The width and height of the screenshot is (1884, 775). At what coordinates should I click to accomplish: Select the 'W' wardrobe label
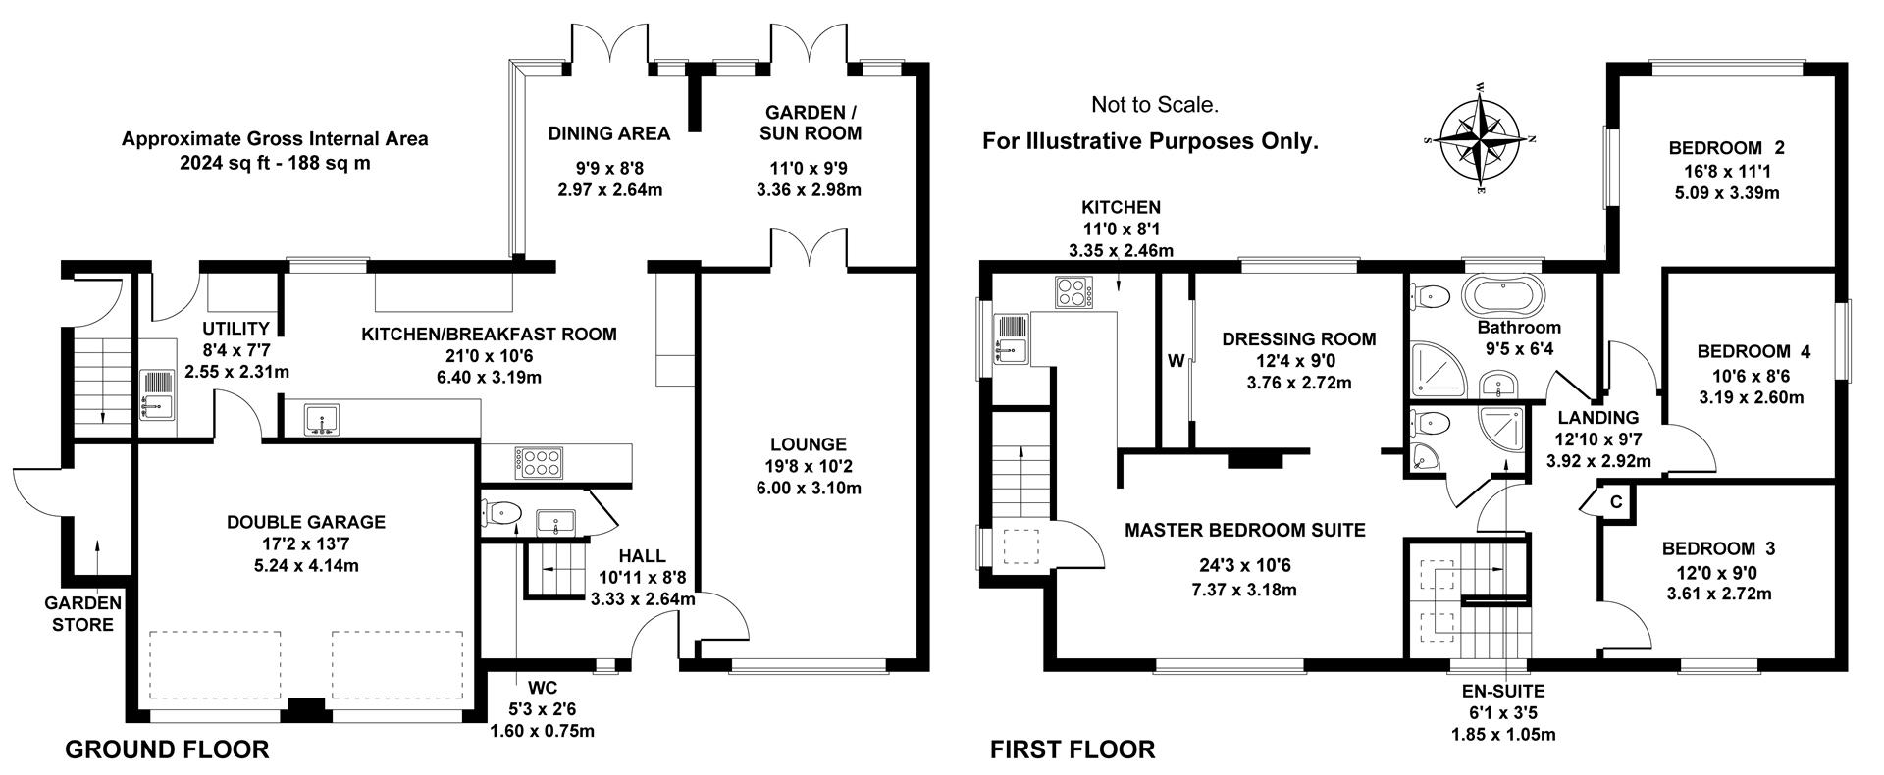1176,360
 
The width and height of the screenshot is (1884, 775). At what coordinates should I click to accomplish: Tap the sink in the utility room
156,392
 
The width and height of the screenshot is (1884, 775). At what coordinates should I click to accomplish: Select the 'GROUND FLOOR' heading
167,750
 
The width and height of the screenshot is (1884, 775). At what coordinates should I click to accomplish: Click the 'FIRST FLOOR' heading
1073,750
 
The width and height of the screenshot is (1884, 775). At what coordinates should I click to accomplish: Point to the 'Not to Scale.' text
1155,104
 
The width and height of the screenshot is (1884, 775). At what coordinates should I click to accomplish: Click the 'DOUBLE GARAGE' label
306,522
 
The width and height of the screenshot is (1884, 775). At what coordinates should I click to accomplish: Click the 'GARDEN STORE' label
82,614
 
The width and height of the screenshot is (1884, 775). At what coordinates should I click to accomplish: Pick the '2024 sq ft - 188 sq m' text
275,163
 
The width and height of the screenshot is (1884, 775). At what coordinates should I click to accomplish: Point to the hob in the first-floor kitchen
1076,292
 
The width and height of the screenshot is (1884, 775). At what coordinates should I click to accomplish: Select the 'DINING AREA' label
609,133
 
